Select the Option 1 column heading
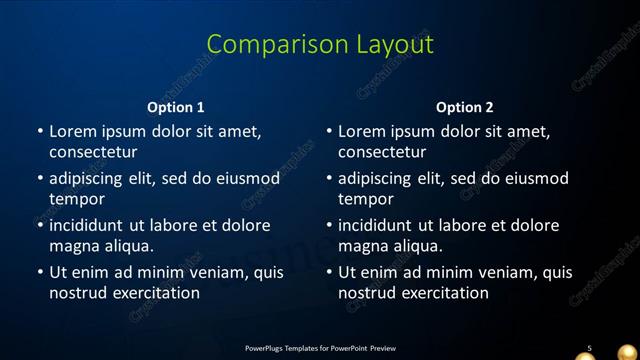(176, 107)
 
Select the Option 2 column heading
(465, 107)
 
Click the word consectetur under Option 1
(93, 152)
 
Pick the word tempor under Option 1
(77, 199)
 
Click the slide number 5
(589, 348)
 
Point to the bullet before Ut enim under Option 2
(329, 272)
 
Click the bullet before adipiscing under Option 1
(40, 178)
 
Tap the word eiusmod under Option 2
(534, 178)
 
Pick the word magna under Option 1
(73, 246)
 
